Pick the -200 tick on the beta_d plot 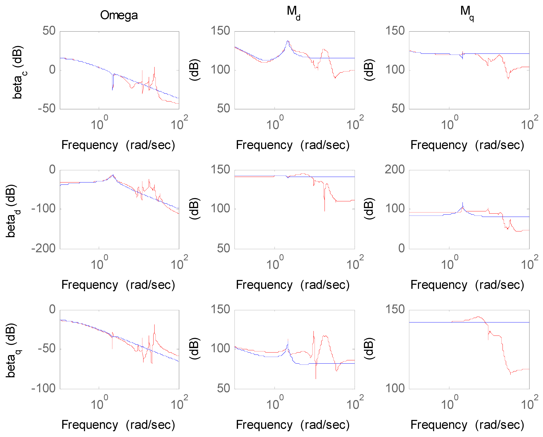[43, 249]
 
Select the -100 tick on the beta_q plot [43, 388]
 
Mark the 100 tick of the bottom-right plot [395, 388]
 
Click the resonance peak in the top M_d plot [288, 41]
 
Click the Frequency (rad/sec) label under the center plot [293, 285]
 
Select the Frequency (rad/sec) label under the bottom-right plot [467, 425]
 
